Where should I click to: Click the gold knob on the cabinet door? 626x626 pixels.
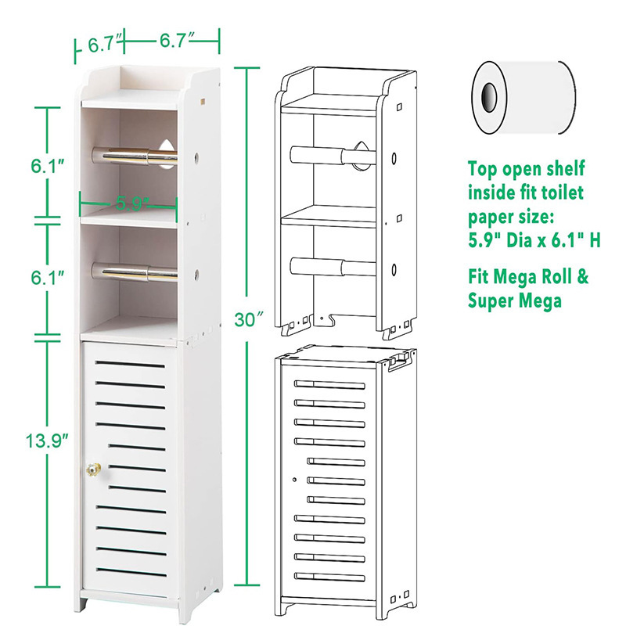point(92,472)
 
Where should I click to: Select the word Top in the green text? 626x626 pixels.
point(483,168)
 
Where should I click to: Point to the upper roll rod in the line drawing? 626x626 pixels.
point(329,155)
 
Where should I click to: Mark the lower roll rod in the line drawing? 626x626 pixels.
point(329,268)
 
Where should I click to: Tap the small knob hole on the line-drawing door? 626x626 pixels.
point(292,478)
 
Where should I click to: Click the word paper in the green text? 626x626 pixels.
point(491,216)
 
